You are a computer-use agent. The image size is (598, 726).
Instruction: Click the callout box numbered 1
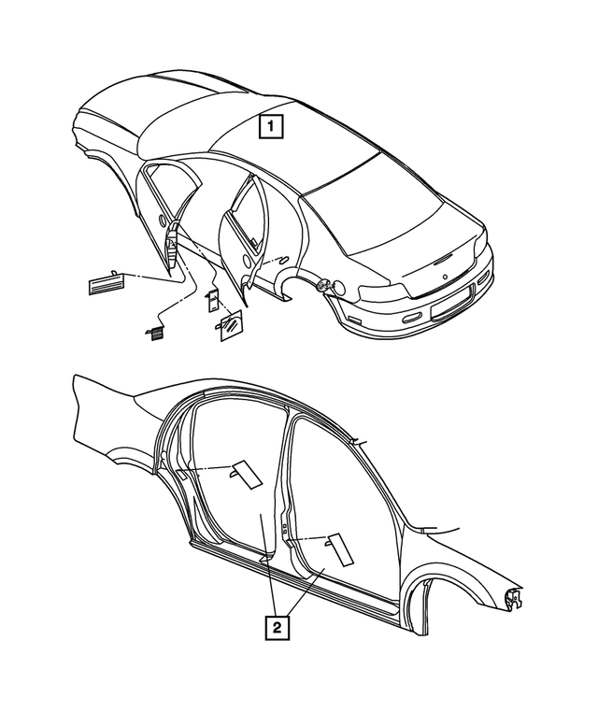pos(269,124)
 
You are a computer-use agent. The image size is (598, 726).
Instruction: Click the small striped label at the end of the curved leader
pos(151,331)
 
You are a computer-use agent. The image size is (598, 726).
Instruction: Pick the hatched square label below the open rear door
pos(230,327)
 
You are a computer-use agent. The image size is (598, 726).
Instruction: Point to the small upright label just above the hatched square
pos(212,298)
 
